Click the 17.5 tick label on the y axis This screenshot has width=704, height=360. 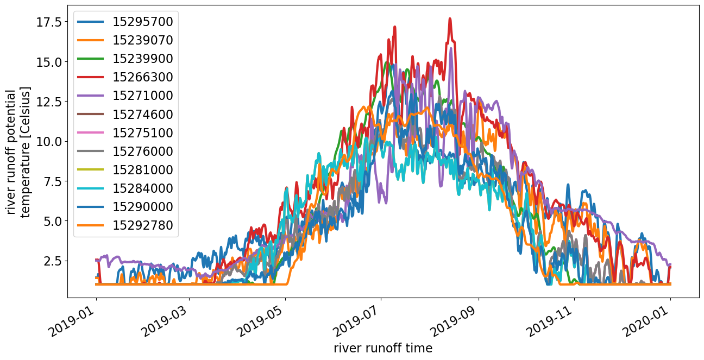(x=49, y=22)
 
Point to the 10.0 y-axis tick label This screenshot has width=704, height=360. (x=49, y=141)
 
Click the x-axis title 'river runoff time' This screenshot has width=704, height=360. (x=383, y=348)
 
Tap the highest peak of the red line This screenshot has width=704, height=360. (x=450, y=18)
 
